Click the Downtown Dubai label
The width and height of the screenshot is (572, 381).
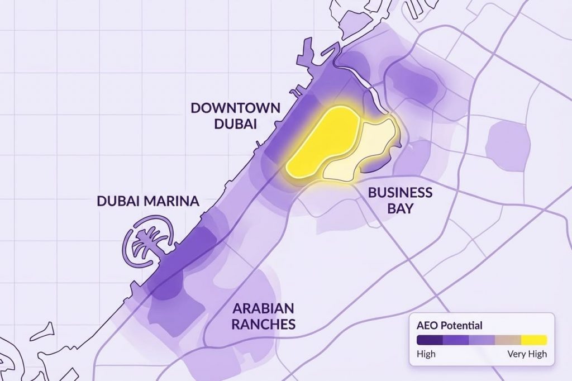pos(235,116)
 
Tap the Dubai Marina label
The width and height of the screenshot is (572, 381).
pos(147,201)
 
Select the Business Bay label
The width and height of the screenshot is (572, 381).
pos(399,200)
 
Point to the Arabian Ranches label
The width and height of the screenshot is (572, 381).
pos(264,316)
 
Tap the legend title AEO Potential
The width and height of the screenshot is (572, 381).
pos(449,325)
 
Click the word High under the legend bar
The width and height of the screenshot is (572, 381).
pos(426,354)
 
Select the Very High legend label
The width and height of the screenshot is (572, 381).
pos(527,354)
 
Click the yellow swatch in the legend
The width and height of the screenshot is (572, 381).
pos(533,340)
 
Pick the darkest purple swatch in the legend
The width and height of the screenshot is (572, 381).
pos(430,340)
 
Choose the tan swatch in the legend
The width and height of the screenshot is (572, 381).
pos(508,340)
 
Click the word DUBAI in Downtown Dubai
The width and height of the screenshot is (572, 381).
pos(235,123)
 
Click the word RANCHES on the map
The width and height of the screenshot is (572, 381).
pos(264,324)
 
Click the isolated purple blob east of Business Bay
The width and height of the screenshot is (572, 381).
pos(507,146)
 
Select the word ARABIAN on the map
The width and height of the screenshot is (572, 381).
pos(264,308)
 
